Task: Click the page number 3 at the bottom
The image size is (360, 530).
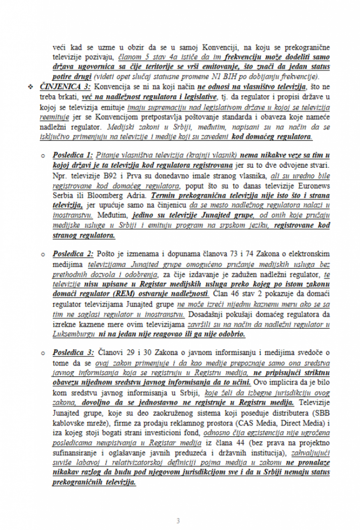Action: coord(178,521)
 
